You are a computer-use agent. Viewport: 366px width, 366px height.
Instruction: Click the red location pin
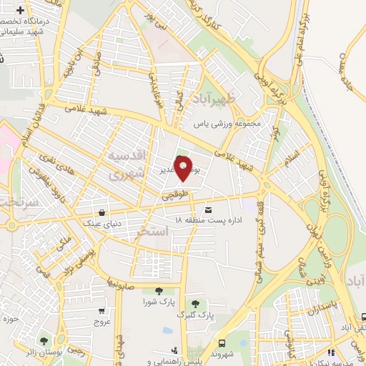184,169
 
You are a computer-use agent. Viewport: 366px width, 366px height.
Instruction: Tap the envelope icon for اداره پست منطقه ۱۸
208,210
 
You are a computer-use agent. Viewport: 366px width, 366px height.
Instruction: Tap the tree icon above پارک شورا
157,290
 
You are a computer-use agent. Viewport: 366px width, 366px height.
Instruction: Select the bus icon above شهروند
222,342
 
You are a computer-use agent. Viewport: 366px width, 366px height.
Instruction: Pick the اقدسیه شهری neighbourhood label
128,164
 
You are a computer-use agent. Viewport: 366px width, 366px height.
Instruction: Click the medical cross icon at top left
20,12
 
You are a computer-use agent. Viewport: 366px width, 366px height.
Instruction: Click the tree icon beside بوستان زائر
45,342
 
